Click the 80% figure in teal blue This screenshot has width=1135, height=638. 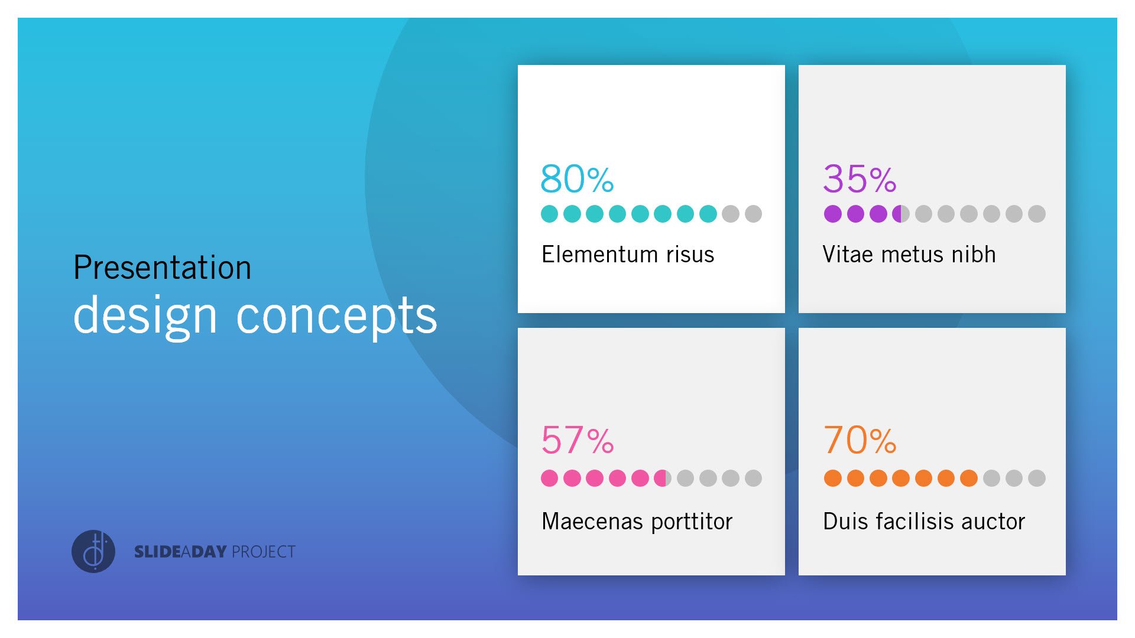coord(577,179)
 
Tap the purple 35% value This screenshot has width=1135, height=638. coord(860,179)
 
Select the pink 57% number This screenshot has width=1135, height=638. coord(577,441)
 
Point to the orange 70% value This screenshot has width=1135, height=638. coord(860,441)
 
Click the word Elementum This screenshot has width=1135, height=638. coord(599,255)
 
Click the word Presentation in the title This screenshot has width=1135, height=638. coord(163,268)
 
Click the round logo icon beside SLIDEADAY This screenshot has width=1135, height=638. coord(93,551)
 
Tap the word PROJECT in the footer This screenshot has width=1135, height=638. coord(264,552)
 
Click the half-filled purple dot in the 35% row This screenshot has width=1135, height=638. coord(900,214)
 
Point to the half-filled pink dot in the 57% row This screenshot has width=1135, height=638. coord(663,478)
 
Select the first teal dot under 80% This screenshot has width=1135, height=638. coord(549,214)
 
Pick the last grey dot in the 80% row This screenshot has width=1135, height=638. coord(753,214)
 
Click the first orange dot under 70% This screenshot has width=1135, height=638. coord(832,478)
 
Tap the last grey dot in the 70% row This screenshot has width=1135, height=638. coord(1036,478)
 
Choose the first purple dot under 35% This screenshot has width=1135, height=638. coord(832,214)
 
